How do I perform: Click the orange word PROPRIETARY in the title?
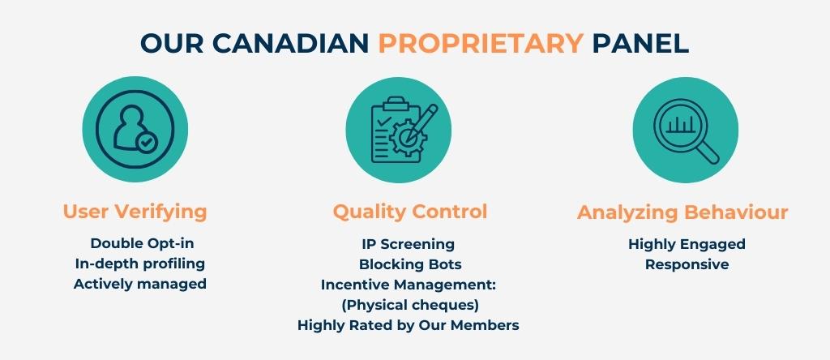click(480, 43)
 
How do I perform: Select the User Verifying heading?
click(135, 212)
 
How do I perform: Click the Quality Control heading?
click(410, 212)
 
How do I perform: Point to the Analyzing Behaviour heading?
click(682, 213)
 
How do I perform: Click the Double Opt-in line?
click(142, 243)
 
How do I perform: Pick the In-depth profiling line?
click(139, 264)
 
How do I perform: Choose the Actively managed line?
click(139, 284)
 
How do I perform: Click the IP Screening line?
click(408, 243)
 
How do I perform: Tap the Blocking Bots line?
click(410, 264)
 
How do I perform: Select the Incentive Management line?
click(408, 285)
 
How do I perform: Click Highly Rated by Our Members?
click(408, 325)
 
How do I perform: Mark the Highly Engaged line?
click(687, 243)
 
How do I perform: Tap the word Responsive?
click(687, 264)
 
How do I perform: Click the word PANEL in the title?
click(640, 43)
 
